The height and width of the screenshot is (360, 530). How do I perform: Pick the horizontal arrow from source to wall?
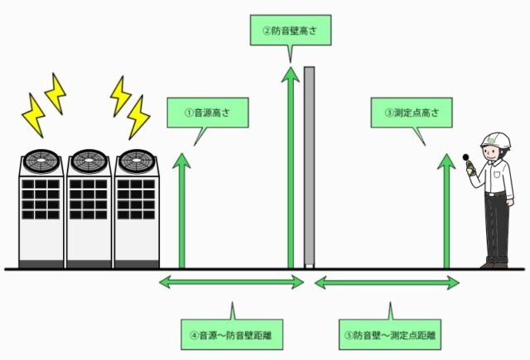[x=232, y=283]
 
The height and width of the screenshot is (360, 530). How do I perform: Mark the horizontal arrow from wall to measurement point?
[x=386, y=283]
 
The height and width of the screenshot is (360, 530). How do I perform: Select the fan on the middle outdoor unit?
[x=88, y=159]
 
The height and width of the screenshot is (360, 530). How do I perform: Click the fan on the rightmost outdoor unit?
[x=135, y=159]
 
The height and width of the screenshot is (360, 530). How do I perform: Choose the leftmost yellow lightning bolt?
[x=34, y=115]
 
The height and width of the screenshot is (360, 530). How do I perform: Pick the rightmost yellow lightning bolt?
[x=138, y=115]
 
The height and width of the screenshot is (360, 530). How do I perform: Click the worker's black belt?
[x=496, y=194]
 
